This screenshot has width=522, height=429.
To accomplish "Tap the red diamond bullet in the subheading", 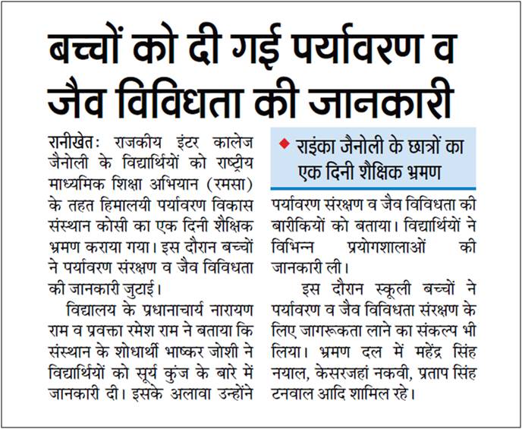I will point(285,145).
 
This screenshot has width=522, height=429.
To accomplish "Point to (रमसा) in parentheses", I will point(236,183).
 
